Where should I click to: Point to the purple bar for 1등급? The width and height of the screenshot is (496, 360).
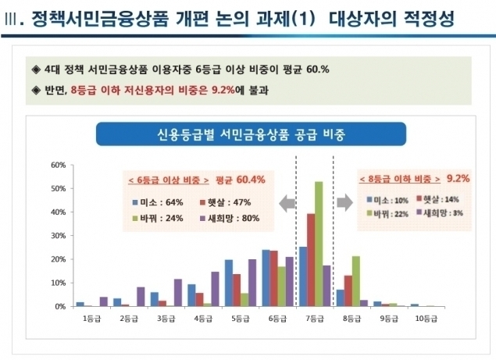(x=104, y=301)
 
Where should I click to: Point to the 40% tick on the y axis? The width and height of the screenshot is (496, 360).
(x=59, y=212)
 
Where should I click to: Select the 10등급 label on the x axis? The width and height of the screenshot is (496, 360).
(x=426, y=319)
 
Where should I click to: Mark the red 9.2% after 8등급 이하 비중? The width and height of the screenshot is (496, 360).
(x=459, y=178)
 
